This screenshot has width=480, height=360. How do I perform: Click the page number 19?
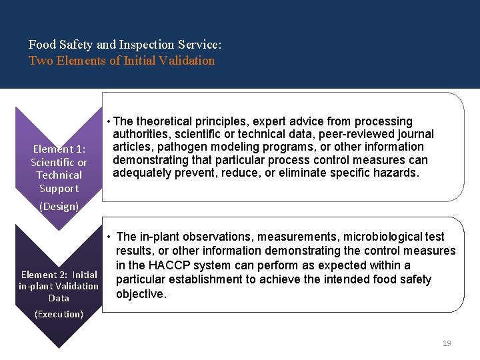[x=447, y=343]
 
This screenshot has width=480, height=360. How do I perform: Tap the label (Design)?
[x=59, y=206]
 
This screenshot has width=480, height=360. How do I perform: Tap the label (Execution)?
[x=59, y=313]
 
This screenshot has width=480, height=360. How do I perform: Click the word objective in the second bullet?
[x=140, y=294]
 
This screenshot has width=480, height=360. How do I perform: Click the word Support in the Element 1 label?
[x=59, y=188]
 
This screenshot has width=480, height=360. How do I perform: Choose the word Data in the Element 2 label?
[x=59, y=298]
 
